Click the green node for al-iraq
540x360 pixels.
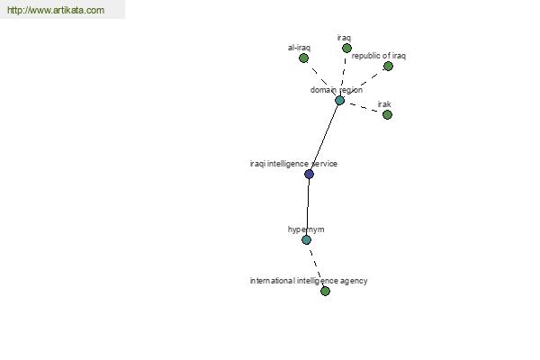[303, 58]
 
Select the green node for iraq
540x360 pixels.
[346, 49]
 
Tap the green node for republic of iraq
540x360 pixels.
[388, 66]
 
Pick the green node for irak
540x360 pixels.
[387, 114]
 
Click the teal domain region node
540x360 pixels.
[339, 100]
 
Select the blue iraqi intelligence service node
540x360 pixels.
[309, 174]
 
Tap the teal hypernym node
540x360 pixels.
[306, 239]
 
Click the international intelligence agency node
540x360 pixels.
[325, 291]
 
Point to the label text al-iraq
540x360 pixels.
[299, 48]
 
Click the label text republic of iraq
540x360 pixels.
[379, 56]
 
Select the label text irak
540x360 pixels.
[384, 104]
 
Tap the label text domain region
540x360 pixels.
[336, 90]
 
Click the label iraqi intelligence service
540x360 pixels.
[293, 164]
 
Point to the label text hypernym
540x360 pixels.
[306, 229]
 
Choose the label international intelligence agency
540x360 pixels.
[309, 281]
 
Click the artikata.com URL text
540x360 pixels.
[56, 10]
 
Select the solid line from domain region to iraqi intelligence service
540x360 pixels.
[324, 137]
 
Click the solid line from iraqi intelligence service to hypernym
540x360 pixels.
[308, 207]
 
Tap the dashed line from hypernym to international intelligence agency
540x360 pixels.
[316, 265]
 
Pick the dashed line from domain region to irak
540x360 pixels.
[364, 107]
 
